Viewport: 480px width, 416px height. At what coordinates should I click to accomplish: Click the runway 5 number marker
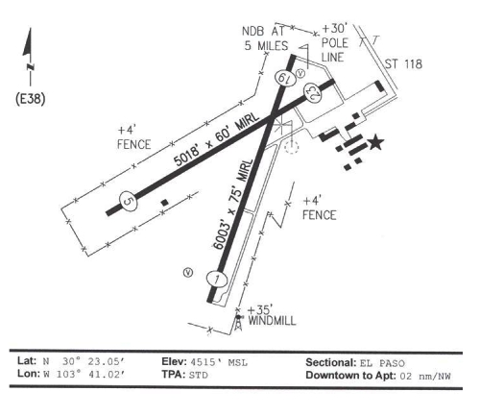pyautogui.click(x=128, y=201)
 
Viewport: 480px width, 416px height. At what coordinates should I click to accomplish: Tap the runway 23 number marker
pyautogui.click(x=312, y=92)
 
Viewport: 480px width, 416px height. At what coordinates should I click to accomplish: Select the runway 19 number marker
pyautogui.click(x=284, y=78)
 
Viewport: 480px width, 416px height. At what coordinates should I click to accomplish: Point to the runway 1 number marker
pyautogui.click(x=217, y=280)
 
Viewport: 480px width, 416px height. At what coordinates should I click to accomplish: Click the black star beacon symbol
pyautogui.click(x=375, y=143)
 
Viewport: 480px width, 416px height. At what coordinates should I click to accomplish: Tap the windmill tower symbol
pyautogui.click(x=238, y=323)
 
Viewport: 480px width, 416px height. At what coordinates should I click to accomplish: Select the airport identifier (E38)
pyautogui.click(x=31, y=99)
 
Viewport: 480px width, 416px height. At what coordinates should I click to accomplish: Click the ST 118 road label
pyautogui.click(x=403, y=64)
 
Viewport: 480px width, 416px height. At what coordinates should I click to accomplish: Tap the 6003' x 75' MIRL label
pyautogui.click(x=233, y=204)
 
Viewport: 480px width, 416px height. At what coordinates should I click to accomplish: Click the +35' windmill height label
pyautogui.click(x=260, y=309)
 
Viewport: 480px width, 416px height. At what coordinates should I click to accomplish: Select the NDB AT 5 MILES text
pyautogui.click(x=265, y=38)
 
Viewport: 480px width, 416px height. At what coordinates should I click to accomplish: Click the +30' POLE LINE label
pyautogui.click(x=334, y=43)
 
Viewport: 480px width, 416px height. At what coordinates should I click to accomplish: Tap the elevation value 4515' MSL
pyautogui.click(x=219, y=362)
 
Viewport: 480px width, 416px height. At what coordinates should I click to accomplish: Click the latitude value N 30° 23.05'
pyautogui.click(x=84, y=362)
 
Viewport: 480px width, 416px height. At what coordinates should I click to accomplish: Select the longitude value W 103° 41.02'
pyautogui.click(x=84, y=375)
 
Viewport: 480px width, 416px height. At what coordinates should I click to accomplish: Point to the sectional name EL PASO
pyautogui.click(x=382, y=363)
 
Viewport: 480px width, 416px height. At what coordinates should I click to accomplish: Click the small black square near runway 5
pyautogui.click(x=164, y=203)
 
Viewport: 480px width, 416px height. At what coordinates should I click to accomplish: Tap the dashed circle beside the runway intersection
pyautogui.click(x=291, y=147)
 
